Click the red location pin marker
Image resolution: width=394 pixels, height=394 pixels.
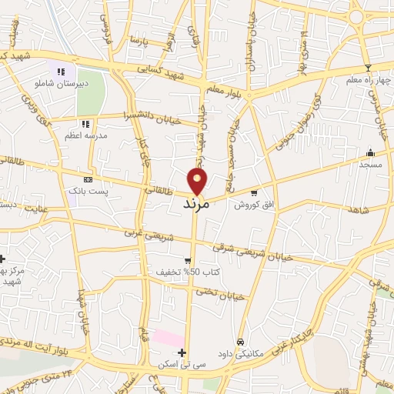coord(198,182)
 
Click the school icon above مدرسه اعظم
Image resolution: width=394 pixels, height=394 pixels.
coord(85,123)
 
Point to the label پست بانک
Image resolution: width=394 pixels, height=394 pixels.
coord(86,189)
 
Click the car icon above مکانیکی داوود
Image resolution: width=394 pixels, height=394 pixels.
coord(241,341)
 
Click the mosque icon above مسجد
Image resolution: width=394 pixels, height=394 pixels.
coord(370,152)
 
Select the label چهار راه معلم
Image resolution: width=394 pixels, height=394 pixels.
coord(368,79)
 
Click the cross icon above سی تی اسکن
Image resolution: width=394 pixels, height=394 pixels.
coord(182,352)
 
